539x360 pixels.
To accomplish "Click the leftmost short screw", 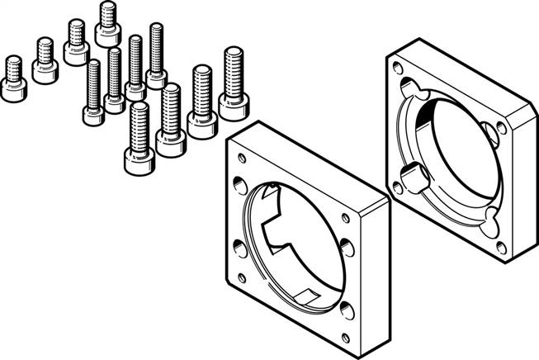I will point(13,79).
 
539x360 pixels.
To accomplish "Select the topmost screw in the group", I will point(107,24).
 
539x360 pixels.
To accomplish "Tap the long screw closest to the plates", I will point(234,83).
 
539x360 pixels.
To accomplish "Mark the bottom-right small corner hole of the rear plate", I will point(500,247).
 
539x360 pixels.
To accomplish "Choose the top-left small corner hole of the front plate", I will point(241,158).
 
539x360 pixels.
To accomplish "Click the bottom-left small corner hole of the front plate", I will point(241,277).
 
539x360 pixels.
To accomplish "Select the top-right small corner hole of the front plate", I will point(344,218).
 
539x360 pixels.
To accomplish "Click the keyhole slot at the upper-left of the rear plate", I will point(410,86).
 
